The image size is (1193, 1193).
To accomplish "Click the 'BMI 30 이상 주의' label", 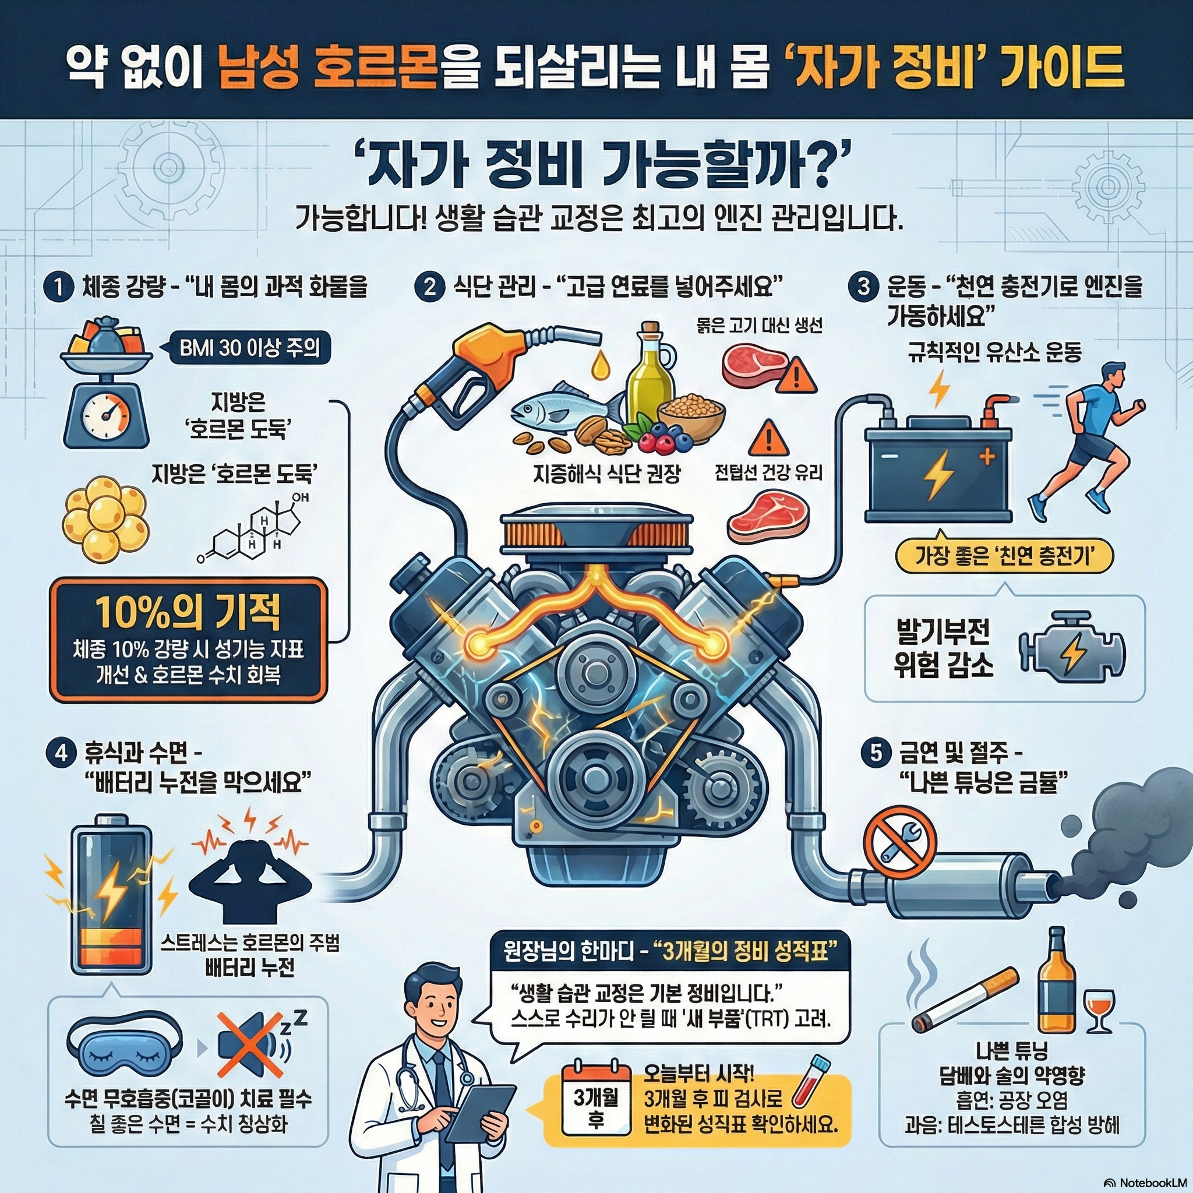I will click(249, 349).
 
